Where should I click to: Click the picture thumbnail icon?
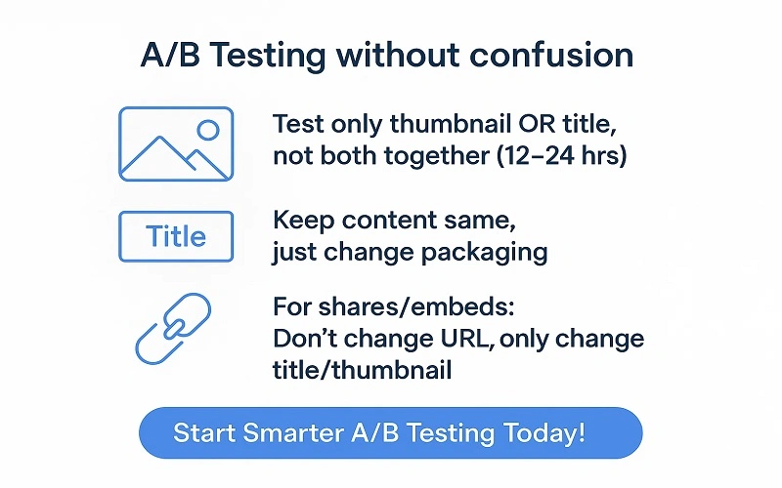pyautogui.click(x=176, y=143)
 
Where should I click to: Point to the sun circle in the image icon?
pyautogui.click(x=207, y=129)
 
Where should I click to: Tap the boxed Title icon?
pyautogui.click(x=176, y=236)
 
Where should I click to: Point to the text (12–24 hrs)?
pyautogui.click(x=559, y=156)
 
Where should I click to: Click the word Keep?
pyautogui.click(x=299, y=221)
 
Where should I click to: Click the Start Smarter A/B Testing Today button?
pyautogui.click(x=391, y=432)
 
